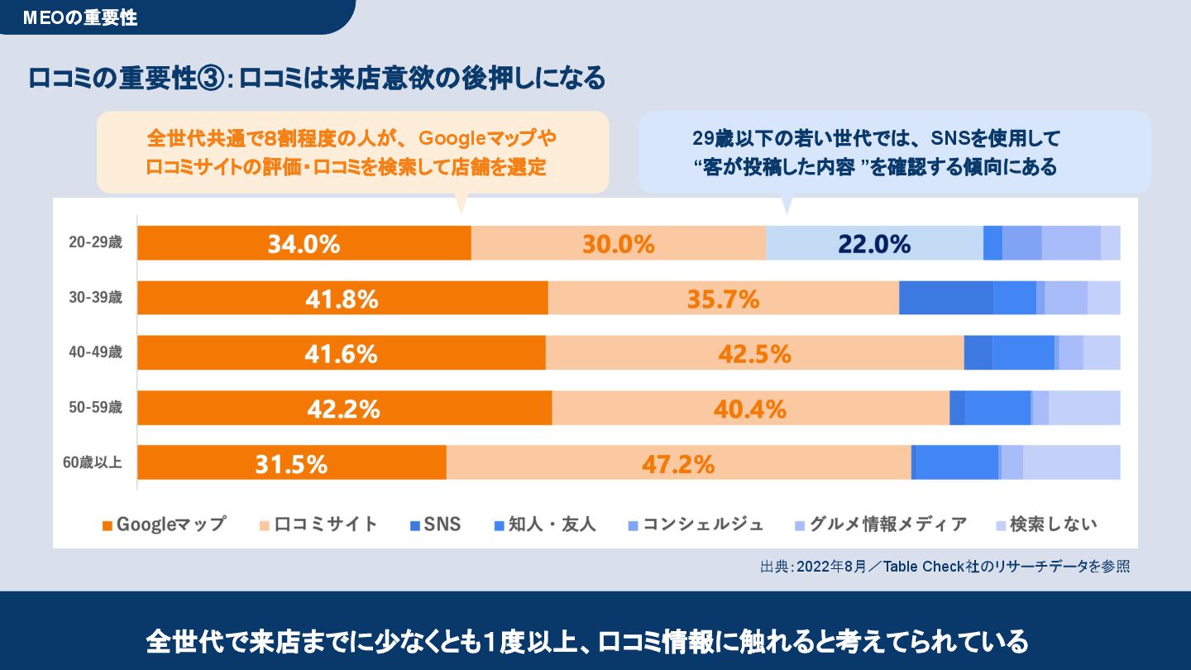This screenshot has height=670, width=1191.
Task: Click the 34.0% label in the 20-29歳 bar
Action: [304, 244]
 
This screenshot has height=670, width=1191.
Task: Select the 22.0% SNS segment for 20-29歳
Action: [873, 244]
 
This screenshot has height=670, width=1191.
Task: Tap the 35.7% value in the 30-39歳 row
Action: [723, 299]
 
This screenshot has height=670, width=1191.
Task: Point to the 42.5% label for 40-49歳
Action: [754, 354]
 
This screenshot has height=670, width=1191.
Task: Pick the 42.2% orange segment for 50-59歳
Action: [343, 409]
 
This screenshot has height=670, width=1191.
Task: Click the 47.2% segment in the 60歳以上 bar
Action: [678, 464]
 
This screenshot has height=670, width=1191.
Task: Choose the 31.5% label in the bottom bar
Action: [290, 464]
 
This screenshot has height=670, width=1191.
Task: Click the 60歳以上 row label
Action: [93, 463]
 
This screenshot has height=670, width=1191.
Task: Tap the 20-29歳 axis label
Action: [95, 243]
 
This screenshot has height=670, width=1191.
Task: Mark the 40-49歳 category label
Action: [95, 352]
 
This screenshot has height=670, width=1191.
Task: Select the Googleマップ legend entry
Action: [164, 524]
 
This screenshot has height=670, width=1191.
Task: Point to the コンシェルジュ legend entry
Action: [696, 524]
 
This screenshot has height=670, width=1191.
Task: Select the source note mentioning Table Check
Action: [945, 567]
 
